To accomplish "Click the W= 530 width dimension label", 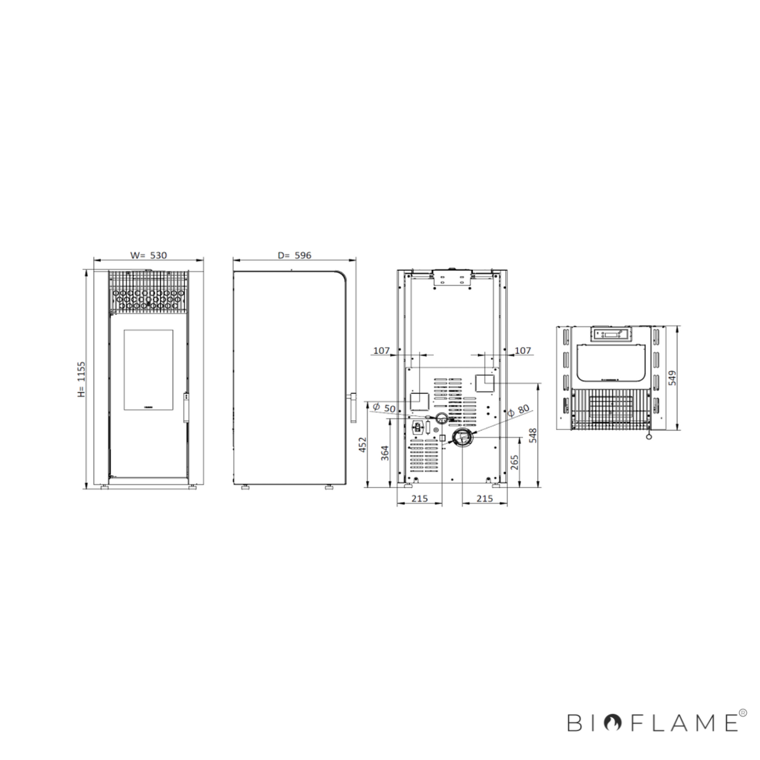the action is [149, 255].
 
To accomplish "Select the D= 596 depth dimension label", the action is [294, 255].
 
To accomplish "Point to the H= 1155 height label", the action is [81, 379].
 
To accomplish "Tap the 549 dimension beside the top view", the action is [673, 378].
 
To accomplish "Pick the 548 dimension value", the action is [533, 435].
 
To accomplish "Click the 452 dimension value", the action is [363, 444].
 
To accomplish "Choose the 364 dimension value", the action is [385, 453].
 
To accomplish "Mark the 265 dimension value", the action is [514, 462].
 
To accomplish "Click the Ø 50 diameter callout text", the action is [384, 408].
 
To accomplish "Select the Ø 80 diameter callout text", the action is [518, 410].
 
